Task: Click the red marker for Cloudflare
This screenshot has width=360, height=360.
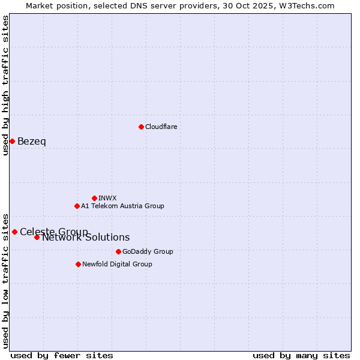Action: coord(141,127)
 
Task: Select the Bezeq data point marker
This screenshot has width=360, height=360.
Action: coord(12,141)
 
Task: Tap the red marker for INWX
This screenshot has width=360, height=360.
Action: coord(94,198)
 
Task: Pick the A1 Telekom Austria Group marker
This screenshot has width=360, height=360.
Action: coord(77,206)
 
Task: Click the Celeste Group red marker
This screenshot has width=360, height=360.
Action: coord(14,232)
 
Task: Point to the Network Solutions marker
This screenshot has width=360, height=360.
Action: coord(37,237)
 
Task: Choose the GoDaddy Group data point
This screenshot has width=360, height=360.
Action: coord(118,251)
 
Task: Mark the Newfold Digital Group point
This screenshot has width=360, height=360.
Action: coord(78,264)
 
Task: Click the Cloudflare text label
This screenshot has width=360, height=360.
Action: coord(161,127)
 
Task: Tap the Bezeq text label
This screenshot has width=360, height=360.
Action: coord(32,142)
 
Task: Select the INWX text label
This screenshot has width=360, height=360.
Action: coord(107,198)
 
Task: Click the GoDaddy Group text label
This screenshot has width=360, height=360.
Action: coord(148,251)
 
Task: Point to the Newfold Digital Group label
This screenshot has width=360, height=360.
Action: coord(117,264)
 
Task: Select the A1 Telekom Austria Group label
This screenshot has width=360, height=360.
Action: coord(122,206)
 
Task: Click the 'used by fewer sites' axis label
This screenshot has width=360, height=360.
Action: coord(62,355)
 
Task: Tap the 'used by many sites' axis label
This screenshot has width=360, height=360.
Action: coord(301,355)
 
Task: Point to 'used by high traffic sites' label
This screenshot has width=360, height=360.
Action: coord(5,85)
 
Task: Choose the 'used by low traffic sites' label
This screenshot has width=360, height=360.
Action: coord(5,281)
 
